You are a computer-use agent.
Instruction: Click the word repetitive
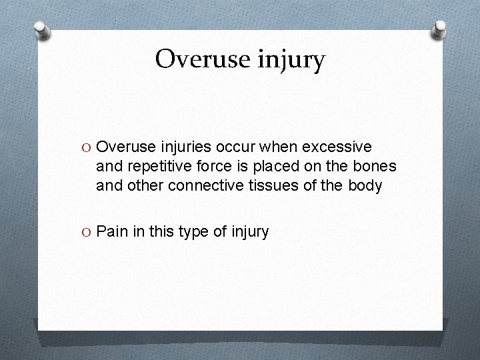coord(149,166)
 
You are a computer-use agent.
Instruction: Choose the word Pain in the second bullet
coord(111,231)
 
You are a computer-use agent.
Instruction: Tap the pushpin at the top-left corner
coord(41,30)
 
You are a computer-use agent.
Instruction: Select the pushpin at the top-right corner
coord(440,29)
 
